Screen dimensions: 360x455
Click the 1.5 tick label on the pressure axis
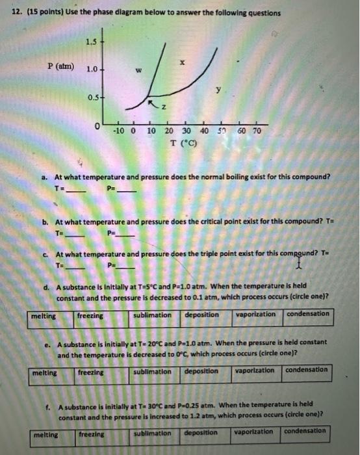90,43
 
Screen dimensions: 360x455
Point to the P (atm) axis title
60,67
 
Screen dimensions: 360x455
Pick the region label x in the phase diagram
183,64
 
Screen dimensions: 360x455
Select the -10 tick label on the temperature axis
120,131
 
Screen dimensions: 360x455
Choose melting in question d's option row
44,316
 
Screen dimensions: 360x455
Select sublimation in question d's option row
152,315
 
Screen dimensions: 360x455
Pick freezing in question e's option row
90,373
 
